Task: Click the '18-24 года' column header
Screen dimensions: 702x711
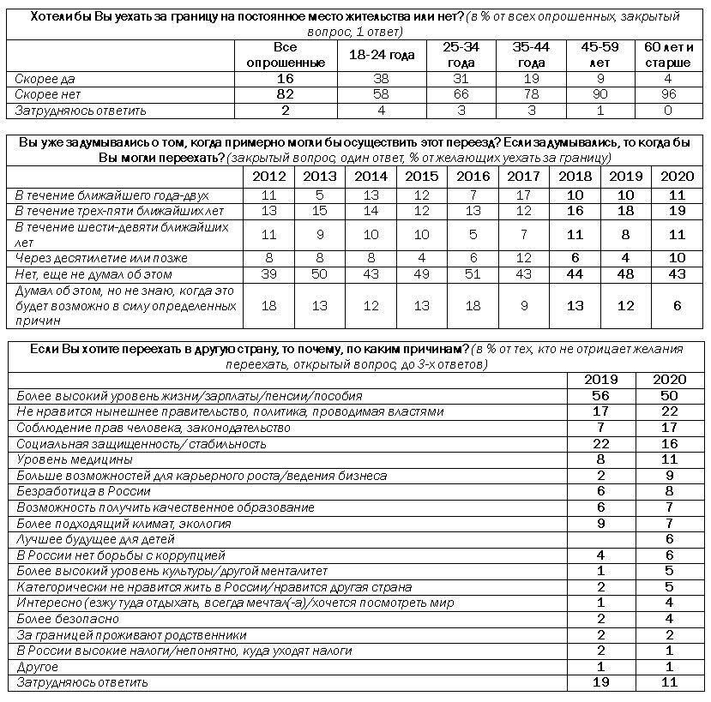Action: [x=381, y=56]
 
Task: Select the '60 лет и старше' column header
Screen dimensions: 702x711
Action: [x=667, y=56]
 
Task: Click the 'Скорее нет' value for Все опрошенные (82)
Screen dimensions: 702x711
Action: [x=286, y=94]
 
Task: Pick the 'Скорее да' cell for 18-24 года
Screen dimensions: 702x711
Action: [x=381, y=79]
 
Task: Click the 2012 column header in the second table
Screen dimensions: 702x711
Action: [x=270, y=177]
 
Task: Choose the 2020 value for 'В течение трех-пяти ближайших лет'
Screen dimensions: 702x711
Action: [x=674, y=211]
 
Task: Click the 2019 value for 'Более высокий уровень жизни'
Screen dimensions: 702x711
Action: [x=600, y=396]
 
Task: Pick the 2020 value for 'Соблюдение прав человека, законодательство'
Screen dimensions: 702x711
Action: [x=670, y=428]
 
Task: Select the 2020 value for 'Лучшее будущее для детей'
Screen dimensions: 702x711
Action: [x=670, y=539]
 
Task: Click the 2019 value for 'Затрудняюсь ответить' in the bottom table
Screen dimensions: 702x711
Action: [x=600, y=682]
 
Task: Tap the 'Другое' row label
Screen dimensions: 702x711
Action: [x=36, y=667]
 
